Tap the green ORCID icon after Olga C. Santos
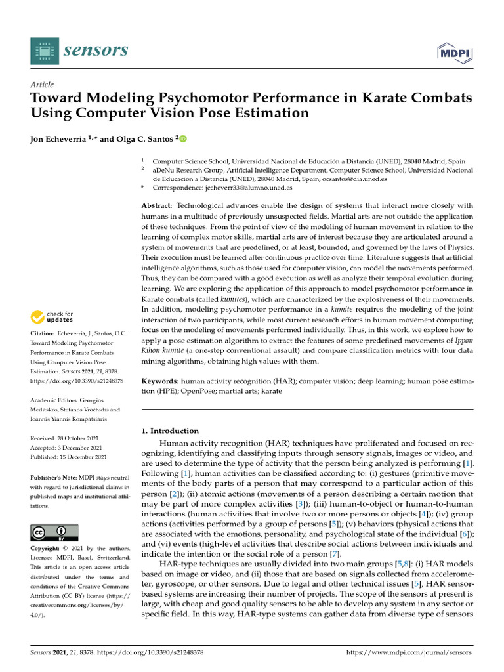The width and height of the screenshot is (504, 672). click(183, 138)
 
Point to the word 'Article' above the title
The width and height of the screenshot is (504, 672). click(42, 85)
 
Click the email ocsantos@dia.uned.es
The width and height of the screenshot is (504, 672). click(354, 178)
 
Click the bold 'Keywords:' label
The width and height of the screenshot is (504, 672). click(161, 381)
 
